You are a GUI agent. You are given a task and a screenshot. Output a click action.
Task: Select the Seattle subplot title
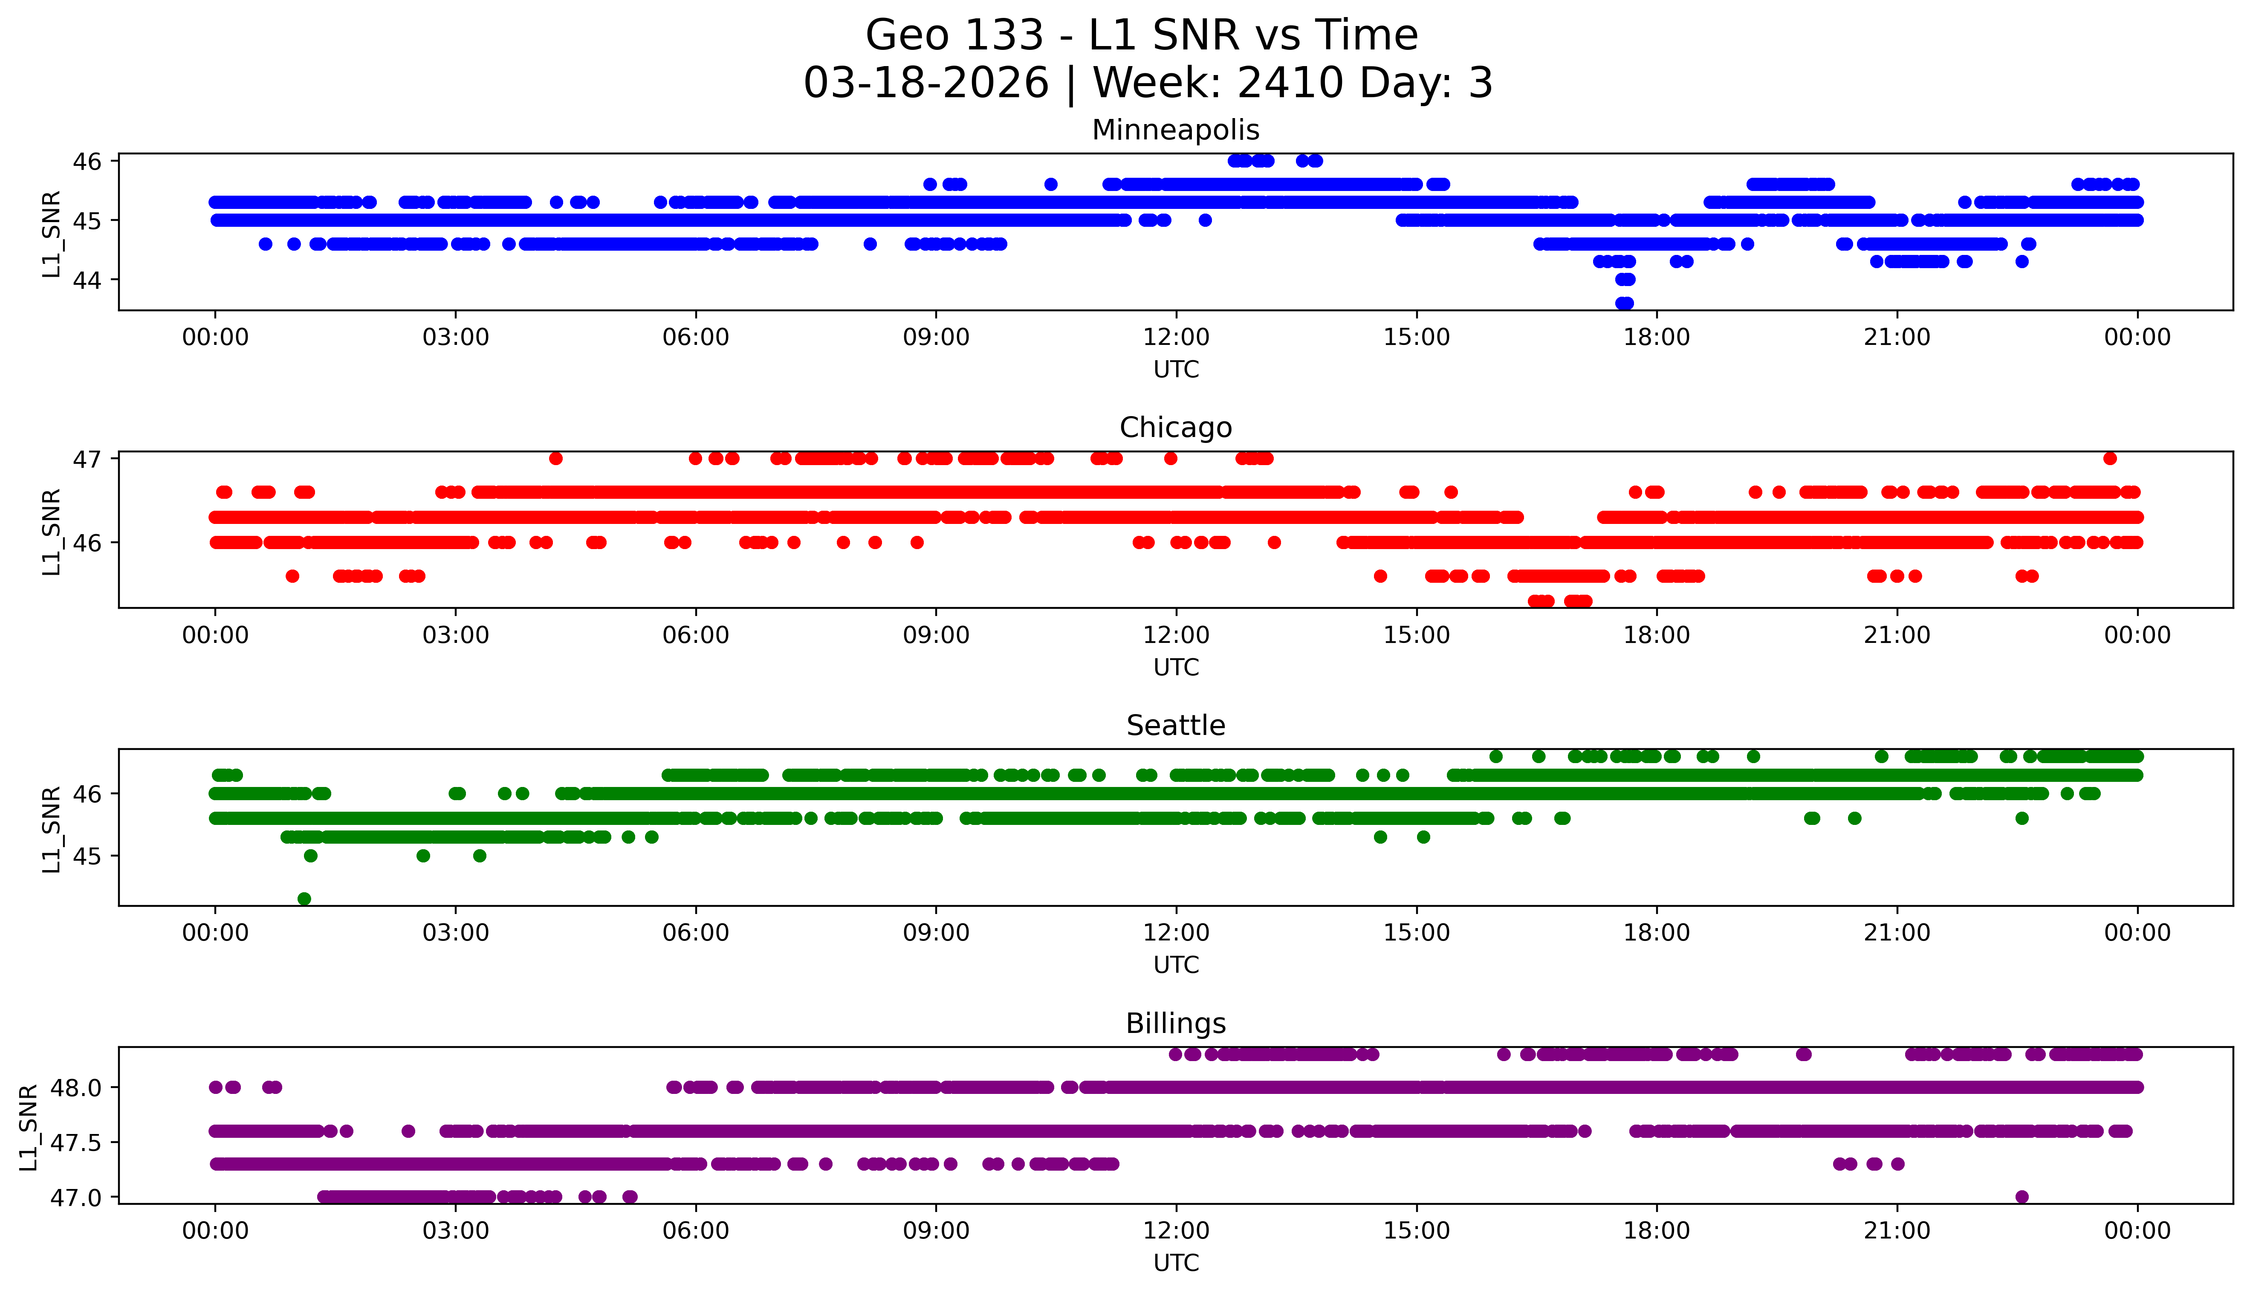pos(1176,726)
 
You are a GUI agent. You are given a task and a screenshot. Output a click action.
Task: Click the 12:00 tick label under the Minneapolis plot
pos(1176,338)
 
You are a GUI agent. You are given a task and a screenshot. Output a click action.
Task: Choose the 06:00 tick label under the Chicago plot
pos(695,635)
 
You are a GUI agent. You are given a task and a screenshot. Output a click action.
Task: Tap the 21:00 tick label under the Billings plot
pos(1897,1231)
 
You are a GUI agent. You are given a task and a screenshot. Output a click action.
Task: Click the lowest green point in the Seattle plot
pos(304,899)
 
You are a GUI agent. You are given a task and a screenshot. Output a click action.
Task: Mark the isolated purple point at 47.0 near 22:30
pos(2022,1196)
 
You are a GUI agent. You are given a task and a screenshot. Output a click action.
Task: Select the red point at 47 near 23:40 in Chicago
pos(2110,458)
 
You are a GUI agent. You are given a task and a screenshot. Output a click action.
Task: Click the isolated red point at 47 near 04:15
pos(556,458)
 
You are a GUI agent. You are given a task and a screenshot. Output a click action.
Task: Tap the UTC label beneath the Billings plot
pos(1176,1262)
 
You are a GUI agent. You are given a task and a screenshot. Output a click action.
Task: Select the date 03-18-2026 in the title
pos(926,83)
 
